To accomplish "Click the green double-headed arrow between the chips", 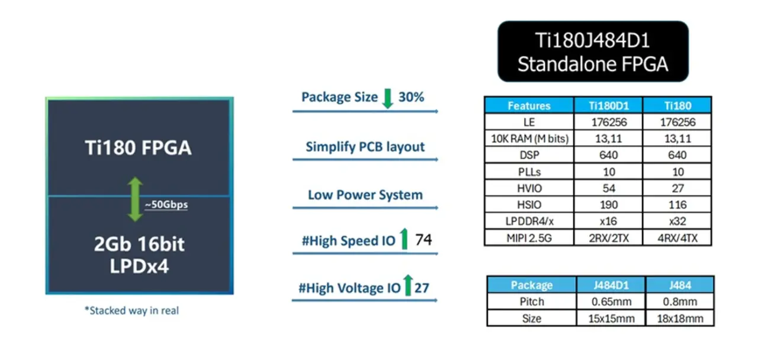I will [136, 200].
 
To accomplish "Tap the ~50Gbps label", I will [166, 205].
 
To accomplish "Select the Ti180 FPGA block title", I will [138, 147].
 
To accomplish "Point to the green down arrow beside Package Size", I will [388, 98].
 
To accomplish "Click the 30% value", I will [411, 97].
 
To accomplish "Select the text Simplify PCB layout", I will [365, 147].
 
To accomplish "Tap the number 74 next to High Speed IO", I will [423, 240].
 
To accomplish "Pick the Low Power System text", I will [365, 195].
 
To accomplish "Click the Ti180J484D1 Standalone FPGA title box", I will [593, 52].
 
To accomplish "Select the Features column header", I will [529, 106].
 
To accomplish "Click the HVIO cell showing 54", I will [608, 188].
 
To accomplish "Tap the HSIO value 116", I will [677, 205].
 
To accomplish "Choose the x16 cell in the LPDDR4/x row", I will [608, 221].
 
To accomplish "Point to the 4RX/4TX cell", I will [677, 238].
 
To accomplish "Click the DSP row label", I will [529, 155].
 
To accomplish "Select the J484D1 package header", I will [611, 285].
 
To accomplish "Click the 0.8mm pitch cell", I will [679, 301].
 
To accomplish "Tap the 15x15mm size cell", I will [611, 318].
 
